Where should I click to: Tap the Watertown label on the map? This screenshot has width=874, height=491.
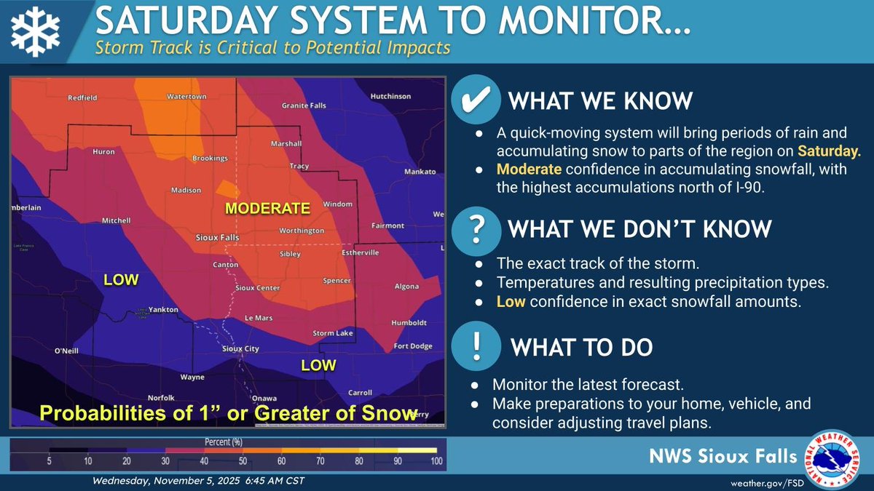(x=183, y=96)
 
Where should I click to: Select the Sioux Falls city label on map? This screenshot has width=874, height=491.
(x=219, y=238)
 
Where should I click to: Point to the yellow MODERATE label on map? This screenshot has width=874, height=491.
(x=267, y=208)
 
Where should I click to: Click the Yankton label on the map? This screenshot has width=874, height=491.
(x=163, y=310)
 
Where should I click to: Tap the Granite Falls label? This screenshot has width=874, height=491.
(x=304, y=105)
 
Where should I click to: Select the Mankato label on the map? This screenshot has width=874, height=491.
(x=420, y=172)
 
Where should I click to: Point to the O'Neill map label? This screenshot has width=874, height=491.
(x=66, y=351)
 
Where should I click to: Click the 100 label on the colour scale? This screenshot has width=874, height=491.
(x=436, y=460)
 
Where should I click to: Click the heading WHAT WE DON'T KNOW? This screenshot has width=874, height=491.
(x=639, y=229)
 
